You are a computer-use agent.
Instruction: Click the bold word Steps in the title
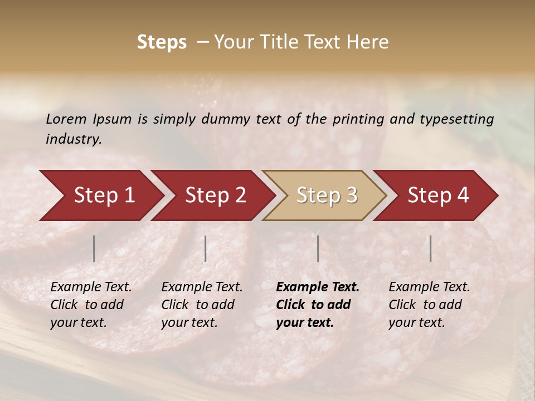point(162,42)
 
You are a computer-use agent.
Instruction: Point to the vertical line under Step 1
point(94,248)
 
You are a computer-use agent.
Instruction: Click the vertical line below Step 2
point(206,248)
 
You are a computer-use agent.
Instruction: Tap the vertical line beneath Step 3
point(318,248)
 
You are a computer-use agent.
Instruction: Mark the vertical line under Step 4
point(430,248)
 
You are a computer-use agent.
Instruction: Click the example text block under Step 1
point(91,305)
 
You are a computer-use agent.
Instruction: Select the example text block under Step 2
point(202,305)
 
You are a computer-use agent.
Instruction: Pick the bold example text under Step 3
point(318,305)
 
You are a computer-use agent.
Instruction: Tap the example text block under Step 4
point(429,305)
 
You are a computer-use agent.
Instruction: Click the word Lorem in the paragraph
point(66,119)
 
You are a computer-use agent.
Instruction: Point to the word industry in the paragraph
point(74,139)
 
